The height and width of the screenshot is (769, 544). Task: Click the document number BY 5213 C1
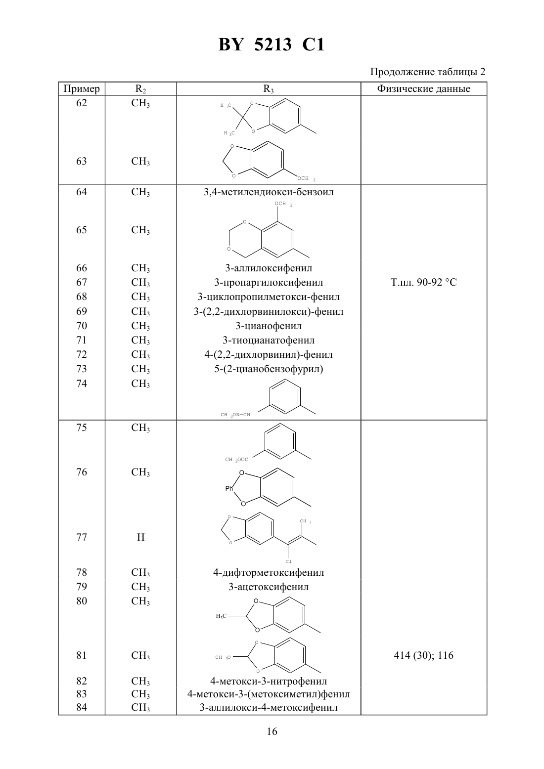click(272, 44)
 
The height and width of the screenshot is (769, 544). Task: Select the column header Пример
click(82, 89)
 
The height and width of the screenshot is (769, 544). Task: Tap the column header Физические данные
click(423, 88)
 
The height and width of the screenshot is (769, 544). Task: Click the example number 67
click(82, 282)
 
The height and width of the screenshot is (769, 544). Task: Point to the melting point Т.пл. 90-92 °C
click(423, 282)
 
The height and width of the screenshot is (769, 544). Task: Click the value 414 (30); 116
click(423, 655)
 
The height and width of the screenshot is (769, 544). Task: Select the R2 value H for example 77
click(140, 537)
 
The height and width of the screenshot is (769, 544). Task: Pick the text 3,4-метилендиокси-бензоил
click(269, 192)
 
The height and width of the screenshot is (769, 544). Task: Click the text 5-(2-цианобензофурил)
click(269, 369)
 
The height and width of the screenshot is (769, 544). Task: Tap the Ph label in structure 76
click(229, 488)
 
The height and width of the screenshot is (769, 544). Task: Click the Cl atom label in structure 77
click(288, 561)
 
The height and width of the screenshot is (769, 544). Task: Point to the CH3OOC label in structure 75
click(236, 459)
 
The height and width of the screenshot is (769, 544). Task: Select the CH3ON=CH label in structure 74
click(235, 415)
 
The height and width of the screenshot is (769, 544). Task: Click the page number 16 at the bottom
click(272, 731)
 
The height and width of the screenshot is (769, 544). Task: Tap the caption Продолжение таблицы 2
click(428, 72)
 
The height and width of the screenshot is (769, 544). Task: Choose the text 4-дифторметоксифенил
click(269, 572)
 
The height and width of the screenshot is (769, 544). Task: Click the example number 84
click(82, 707)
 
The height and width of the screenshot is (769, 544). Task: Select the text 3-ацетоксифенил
click(269, 587)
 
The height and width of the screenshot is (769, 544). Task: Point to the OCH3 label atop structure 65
click(283, 204)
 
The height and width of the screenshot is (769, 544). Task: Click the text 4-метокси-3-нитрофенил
click(269, 681)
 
